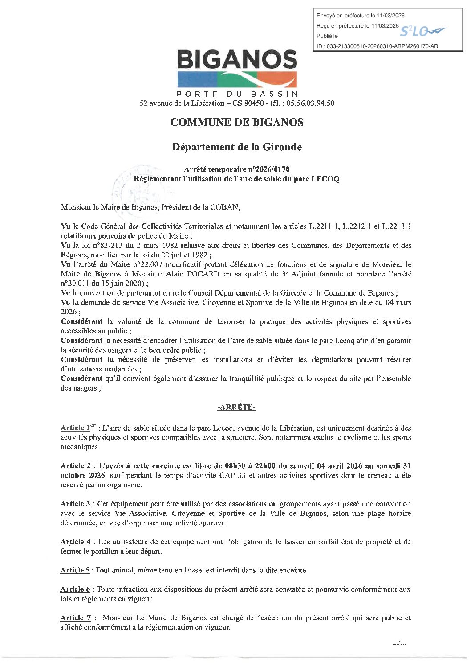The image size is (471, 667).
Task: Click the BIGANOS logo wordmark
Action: coord(237,60)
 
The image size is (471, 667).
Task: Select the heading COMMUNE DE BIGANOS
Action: coord(237,123)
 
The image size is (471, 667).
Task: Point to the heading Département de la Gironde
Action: coord(237,147)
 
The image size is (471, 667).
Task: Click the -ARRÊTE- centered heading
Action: coord(236,407)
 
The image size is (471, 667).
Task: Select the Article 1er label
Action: coord(78,428)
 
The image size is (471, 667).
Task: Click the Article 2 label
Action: coord(75,466)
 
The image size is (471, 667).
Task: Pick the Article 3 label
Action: coord(75,504)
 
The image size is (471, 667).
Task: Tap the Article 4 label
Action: coord(75,542)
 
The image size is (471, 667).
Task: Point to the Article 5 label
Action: coord(75,570)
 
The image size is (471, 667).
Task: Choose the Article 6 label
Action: coord(75,589)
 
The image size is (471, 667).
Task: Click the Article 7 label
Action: coord(75,618)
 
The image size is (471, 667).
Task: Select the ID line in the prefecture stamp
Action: coord(377,46)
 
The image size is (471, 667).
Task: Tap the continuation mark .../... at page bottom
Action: coord(399,643)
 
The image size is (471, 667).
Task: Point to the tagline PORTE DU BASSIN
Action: coord(237,94)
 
